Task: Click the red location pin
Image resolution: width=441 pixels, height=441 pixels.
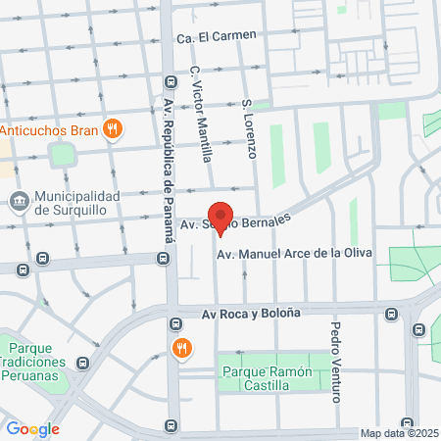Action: [x=221, y=219]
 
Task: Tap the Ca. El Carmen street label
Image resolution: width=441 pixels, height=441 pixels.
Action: [x=217, y=37]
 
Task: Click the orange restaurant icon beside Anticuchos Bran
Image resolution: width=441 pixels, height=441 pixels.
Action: [x=114, y=127]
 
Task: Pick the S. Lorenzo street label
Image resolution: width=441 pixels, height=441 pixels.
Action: [x=249, y=128]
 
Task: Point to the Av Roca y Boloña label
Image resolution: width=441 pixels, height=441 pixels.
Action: [x=251, y=314]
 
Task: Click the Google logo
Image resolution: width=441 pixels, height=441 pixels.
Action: [x=32, y=428]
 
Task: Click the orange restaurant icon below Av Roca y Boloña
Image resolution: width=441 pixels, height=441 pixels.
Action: [x=181, y=348]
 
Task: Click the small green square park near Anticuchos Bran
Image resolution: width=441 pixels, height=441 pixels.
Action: [x=63, y=155]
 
